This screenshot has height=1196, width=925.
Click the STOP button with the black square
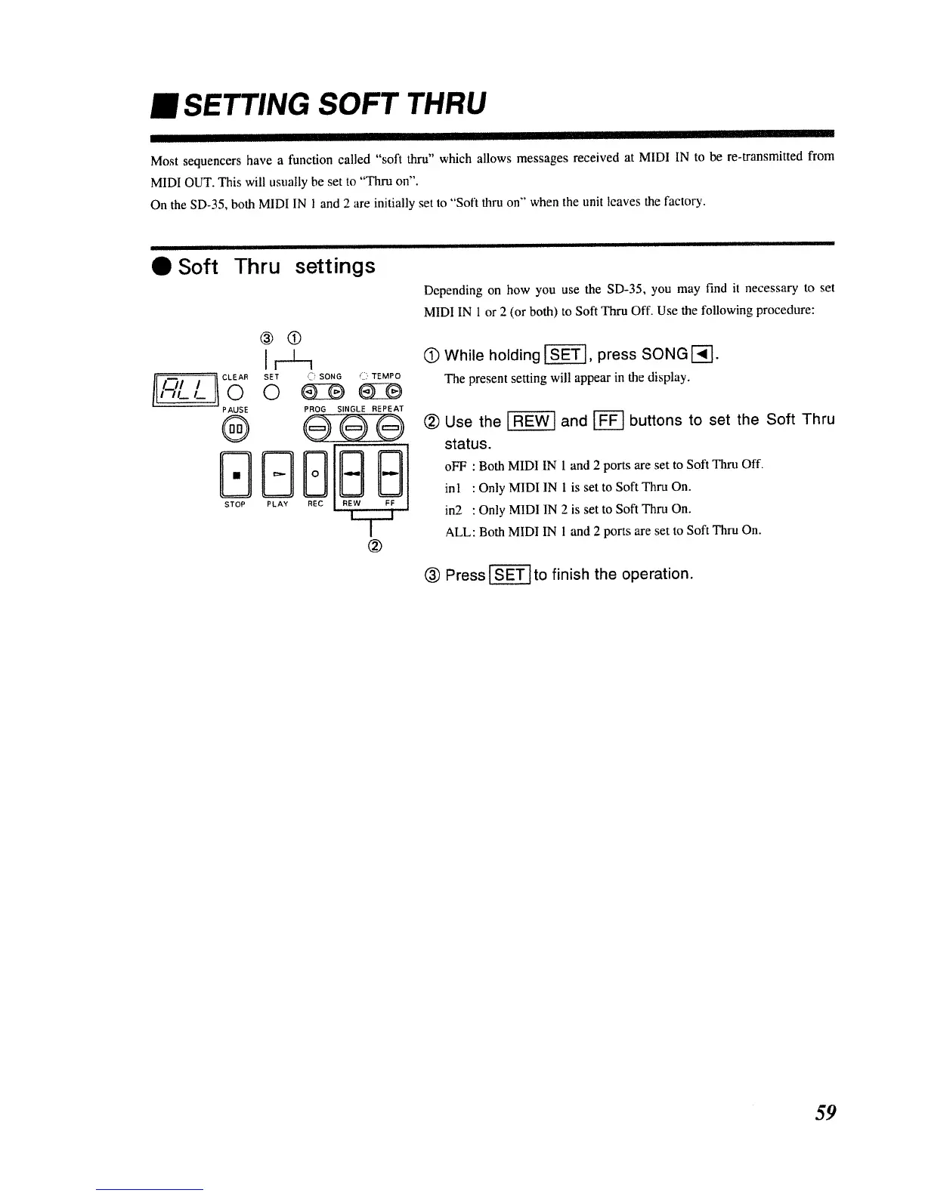pos(236,474)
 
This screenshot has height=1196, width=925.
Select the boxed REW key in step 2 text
pos(531,421)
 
